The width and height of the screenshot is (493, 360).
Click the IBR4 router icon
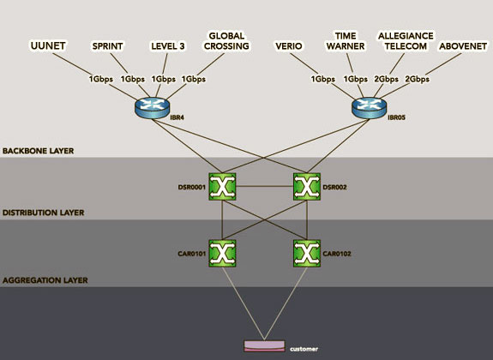tap(152, 107)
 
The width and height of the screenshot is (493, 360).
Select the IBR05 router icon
tap(370, 107)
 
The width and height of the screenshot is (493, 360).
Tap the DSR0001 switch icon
tap(222, 187)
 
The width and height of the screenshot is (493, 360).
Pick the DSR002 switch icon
tap(307, 187)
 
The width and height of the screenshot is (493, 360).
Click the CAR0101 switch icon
tap(222, 254)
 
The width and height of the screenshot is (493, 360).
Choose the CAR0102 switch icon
tap(307, 254)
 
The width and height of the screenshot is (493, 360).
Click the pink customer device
tap(264, 346)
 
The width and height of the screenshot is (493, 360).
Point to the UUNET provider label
tap(48, 46)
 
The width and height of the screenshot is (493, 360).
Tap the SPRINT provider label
tap(107, 46)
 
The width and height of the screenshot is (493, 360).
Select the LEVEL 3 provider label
tap(168, 46)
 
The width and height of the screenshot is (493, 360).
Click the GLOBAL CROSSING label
tap(226, 41)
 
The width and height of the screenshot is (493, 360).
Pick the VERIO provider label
tap(289, 46)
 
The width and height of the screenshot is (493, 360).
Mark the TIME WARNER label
tap(346, 41)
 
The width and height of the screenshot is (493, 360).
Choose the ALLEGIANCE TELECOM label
tap(406, 41)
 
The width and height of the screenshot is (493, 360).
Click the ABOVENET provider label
tap(463, 46)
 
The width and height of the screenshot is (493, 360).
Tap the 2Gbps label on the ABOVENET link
tap(417, 79)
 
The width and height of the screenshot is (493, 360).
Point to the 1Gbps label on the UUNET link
tap(100, 79)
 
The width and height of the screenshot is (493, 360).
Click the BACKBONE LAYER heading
tap(38, 151)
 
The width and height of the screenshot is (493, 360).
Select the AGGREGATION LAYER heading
tap(45, 280)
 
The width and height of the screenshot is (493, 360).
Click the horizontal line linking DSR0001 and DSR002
tap(265, 187)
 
